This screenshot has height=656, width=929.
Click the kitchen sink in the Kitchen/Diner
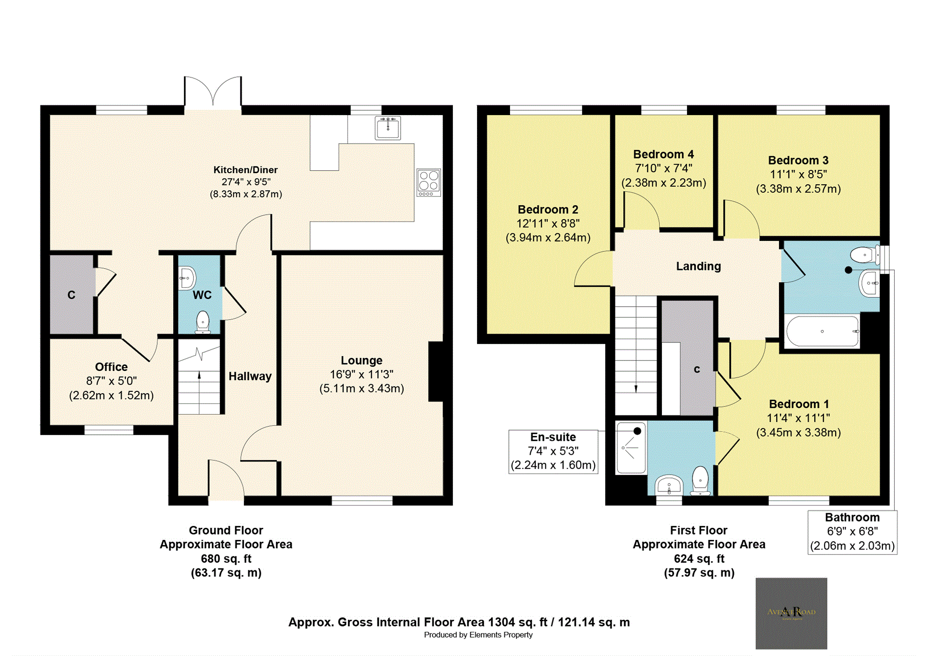click(388, 128)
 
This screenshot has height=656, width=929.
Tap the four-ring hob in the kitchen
click(429, 182)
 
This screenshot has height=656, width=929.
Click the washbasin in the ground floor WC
click(186, 278)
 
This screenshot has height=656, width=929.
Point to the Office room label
click(111, 367)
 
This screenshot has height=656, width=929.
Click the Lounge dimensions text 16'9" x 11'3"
click(361, 374)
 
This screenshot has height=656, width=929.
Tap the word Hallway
click(250, 376)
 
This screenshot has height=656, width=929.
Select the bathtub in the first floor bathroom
click(822, 331)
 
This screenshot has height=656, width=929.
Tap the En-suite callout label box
click(553, 451)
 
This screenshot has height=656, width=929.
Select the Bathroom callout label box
click(852, 532)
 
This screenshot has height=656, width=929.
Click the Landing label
click(698, 266)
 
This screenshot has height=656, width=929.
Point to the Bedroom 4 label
click(663, 154)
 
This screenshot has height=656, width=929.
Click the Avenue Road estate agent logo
click(791, 613)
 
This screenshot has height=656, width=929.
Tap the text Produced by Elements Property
click(478, 635)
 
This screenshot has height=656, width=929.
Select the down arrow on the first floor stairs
click(636, 388)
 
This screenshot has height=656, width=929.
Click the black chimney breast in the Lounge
click(436, 372)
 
